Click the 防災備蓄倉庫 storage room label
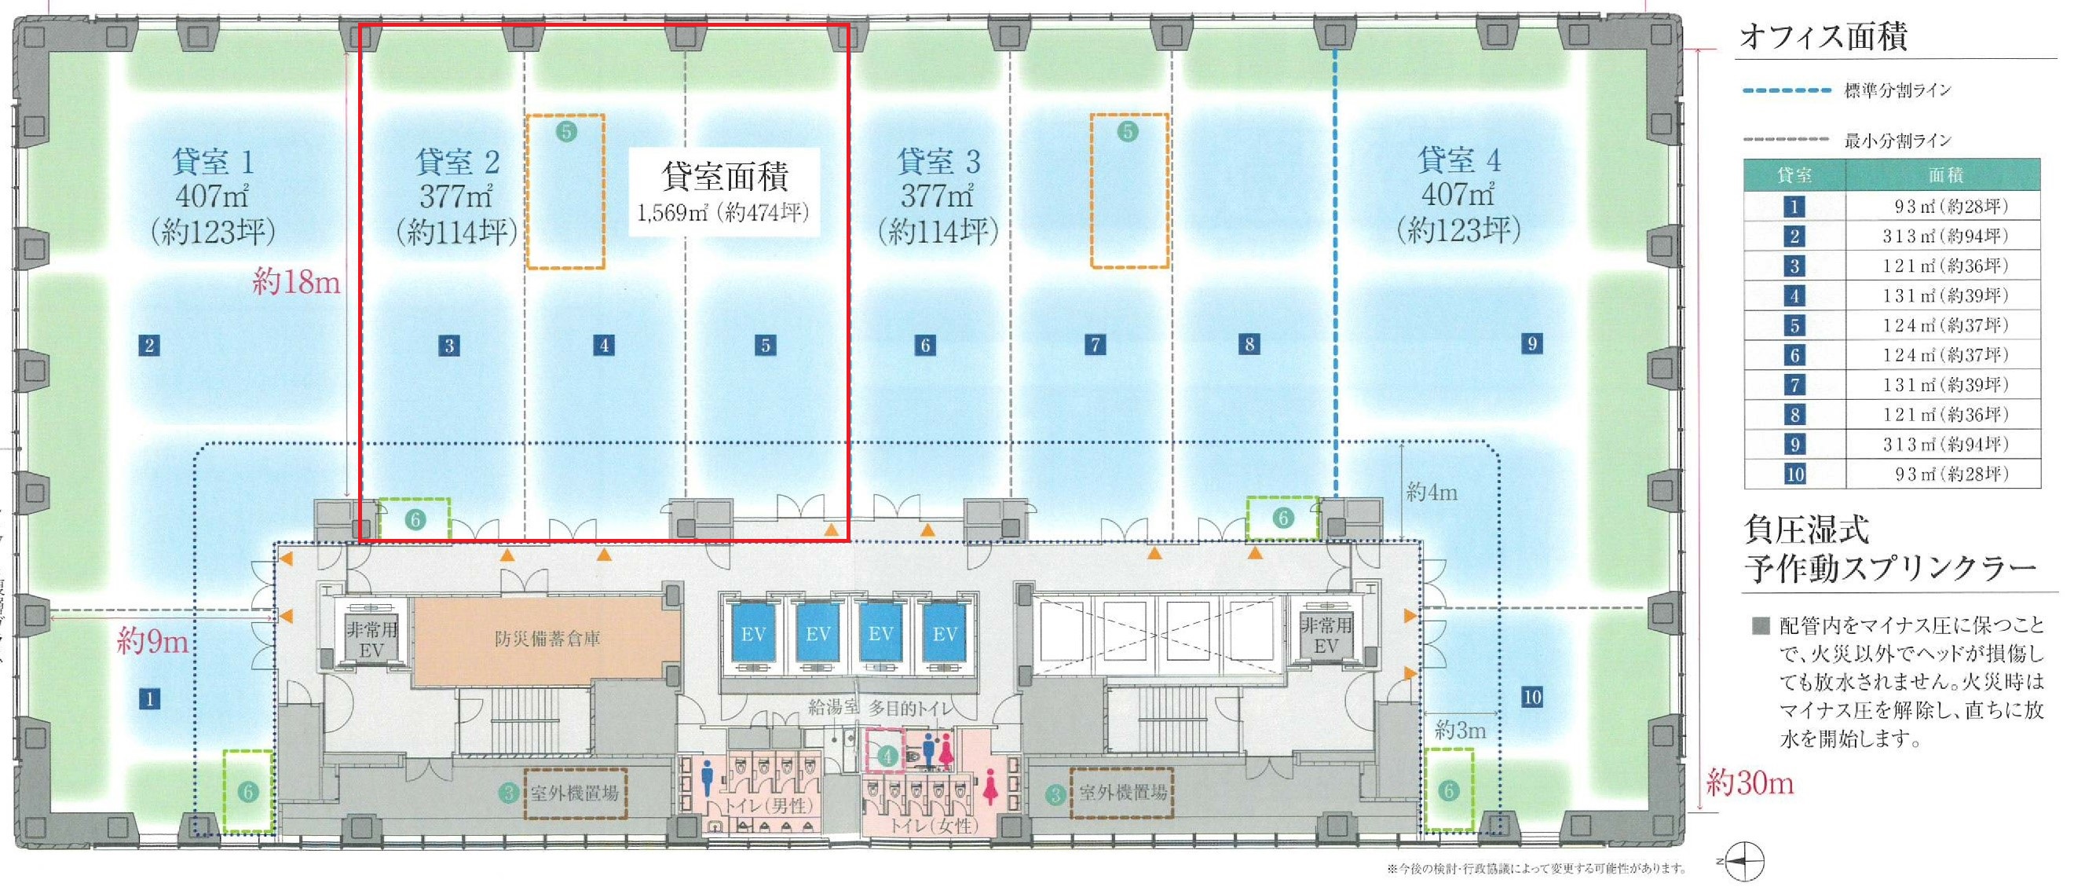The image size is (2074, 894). tap(547, 639)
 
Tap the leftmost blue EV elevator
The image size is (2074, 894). tap(753, 634)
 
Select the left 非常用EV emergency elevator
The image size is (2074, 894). tap(371, 639)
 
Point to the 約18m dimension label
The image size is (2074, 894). tap(295, 282)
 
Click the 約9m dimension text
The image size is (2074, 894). tap(152, 641)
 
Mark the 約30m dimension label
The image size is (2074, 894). tap(1750, 782)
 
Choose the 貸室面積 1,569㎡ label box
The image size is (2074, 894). tap(723, 192)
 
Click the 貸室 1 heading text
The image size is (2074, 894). tap(213, 162)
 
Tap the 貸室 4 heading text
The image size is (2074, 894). tap(1458, 160)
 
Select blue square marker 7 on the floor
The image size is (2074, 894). tap(1095, 345)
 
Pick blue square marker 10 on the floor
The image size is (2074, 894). tap(1531, 697)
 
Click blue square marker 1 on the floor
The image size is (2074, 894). tap(149, 698)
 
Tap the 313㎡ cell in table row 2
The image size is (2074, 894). tap(1944, 236)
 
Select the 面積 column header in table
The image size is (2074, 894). tap(1944, 174)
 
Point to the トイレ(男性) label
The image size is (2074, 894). tap(769, 805)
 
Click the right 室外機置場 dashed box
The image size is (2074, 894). tap(1121, 793)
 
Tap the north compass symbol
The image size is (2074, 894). tap(1744, 862)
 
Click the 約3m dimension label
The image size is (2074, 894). tap(1460, 731)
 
